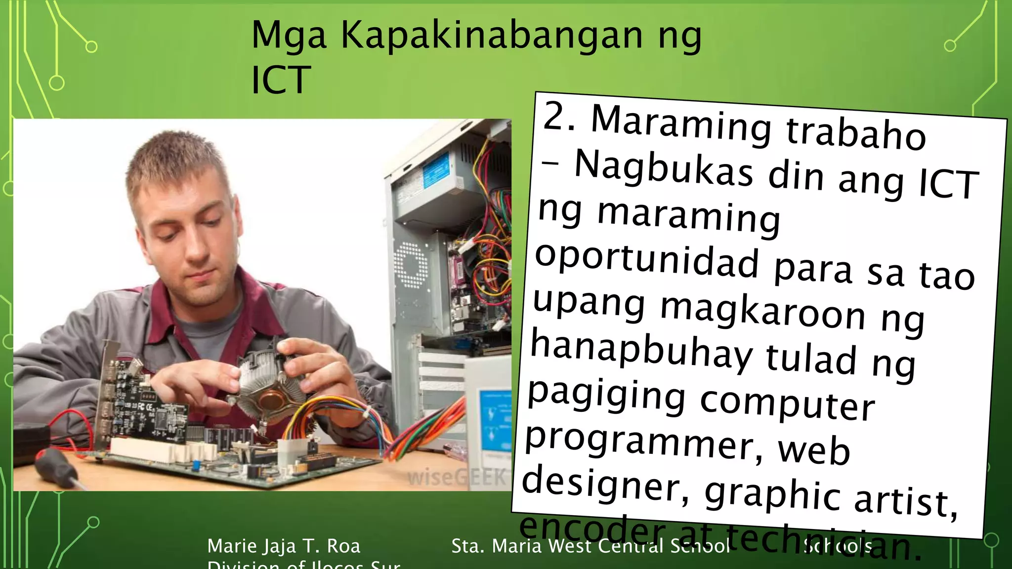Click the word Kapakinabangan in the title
[x=492, y=36]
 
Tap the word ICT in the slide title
[x=281, y=80]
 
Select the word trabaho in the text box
[x=855, y=132]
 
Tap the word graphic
[x=772, y=494]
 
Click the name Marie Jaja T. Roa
[x=284, y=546]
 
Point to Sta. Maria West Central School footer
[x=590, y=546]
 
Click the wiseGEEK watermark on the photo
[x=457, y=477]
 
